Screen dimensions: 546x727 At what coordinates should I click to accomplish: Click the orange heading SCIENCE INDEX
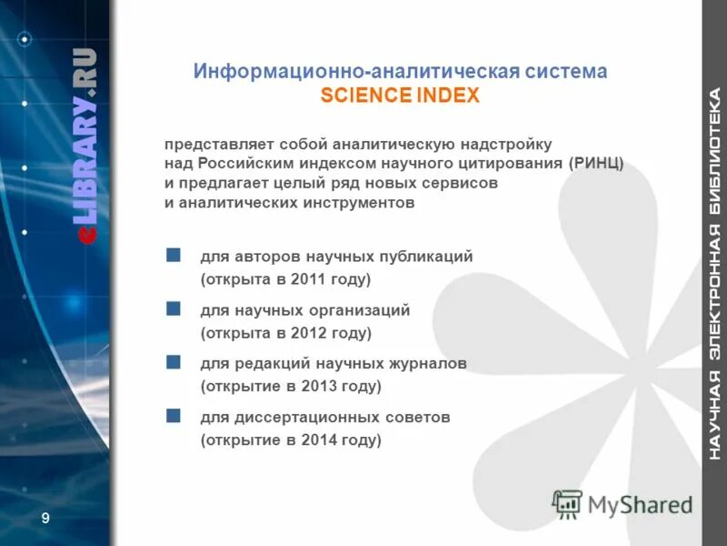tap(400, 96)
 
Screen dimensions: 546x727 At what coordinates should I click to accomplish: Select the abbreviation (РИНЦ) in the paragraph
tap(596, 164)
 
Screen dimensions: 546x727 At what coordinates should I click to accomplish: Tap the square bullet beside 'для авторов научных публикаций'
tap(174, 255)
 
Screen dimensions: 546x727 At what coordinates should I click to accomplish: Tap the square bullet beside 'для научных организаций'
tap(174, 308)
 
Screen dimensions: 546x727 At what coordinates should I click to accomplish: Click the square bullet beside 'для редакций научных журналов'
tap(174, 362)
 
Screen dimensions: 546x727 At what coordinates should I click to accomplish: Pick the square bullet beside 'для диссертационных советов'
tap(174, 416)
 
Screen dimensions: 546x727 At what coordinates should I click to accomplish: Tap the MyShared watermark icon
tap(567, 504)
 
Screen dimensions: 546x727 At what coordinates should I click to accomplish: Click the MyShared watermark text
tap(640, 504)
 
